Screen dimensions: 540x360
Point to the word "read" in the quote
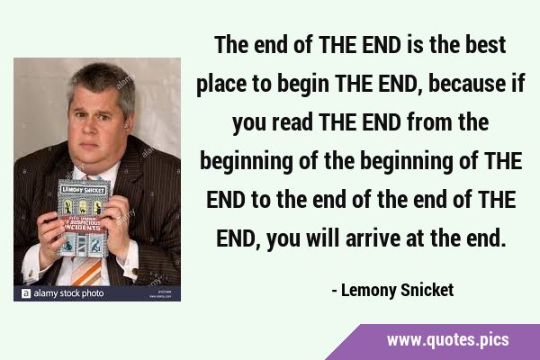292,122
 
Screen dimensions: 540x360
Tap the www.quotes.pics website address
447,340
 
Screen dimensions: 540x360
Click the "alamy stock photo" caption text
68,293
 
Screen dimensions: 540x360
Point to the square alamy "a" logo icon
26,293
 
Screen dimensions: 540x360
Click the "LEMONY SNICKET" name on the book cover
84,190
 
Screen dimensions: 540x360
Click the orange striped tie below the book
86,272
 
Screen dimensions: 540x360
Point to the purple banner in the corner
433,342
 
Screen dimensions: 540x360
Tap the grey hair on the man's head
102,83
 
